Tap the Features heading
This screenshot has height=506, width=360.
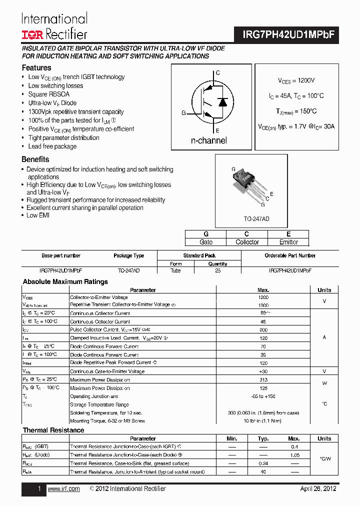pyautogui.click(x=36, y=67)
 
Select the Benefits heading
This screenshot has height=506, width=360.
pyautogui.click(x=35, y=159)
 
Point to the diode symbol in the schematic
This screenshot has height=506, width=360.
pyautogui.click(x=223, y=102)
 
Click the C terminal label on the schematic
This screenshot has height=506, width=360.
pyautogui.click(x=217, y=73)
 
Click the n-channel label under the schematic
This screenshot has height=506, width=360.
pyautogui.click(x=208, y=140)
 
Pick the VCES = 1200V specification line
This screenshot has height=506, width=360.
pyautogui.click(x=296, y=80)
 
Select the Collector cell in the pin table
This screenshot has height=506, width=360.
pyautogui.click(x=247, y=242)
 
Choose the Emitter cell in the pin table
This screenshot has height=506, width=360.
pyautogui.click(x=288, y=242)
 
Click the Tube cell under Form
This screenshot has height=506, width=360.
pyautogui.click(x=176, y=270)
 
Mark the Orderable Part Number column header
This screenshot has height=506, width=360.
pyautogui.click(x=290, y=255)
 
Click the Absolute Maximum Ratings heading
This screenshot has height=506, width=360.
pyautogui.click(x=65, y=281)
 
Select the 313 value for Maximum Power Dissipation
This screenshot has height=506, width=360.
pyautogui.click(x=263, y=379)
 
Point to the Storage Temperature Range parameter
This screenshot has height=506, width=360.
pyautogui.click(x=99, y=404)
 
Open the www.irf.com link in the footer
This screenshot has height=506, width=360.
pyautogui.click(x=63, y=488)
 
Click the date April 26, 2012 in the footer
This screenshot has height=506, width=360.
pyautogui.click(x=318, y=488)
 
